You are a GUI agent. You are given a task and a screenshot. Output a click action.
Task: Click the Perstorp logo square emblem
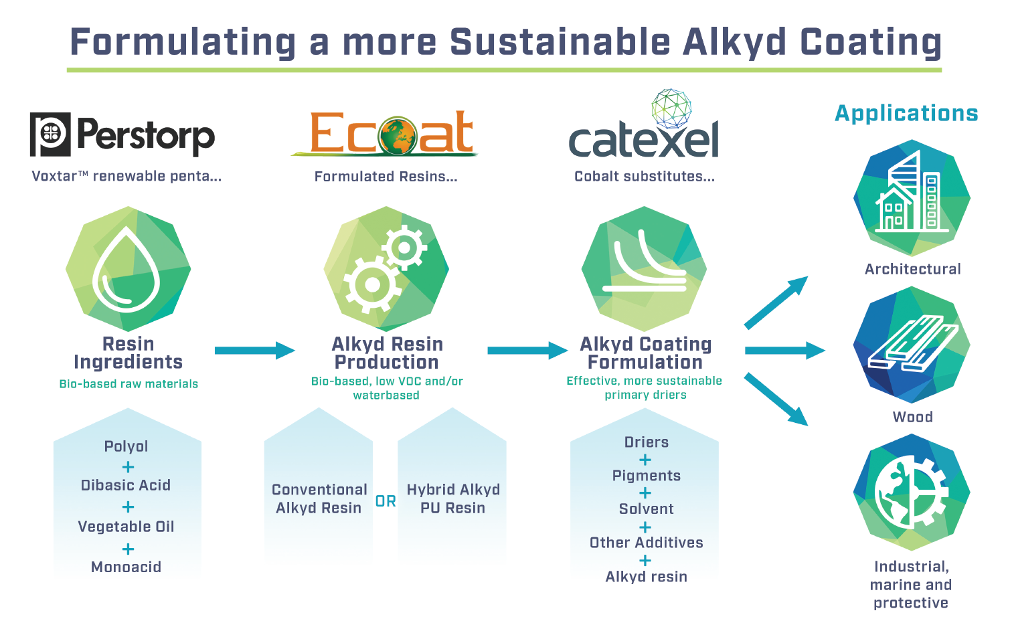(50, 134)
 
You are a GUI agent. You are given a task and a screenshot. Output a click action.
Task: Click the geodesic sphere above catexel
(671, 107)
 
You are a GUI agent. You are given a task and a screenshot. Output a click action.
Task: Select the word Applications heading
(906, 114)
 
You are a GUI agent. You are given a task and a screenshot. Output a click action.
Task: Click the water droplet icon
(127, 269)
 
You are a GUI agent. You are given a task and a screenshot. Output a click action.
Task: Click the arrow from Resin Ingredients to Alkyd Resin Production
(254, 351)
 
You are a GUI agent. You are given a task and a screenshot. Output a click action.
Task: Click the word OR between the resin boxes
(386, 501)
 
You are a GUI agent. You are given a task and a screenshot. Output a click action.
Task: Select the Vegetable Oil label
(127, 527)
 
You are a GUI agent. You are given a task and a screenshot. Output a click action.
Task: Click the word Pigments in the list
(647, 476)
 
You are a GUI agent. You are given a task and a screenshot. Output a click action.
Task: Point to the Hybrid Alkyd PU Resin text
(453, 499)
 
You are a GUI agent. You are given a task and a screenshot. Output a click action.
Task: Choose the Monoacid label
(127, 567)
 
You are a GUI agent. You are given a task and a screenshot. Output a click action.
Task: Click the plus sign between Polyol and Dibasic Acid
(128, 467)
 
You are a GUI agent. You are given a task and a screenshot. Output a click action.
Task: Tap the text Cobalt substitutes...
(645, 177)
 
